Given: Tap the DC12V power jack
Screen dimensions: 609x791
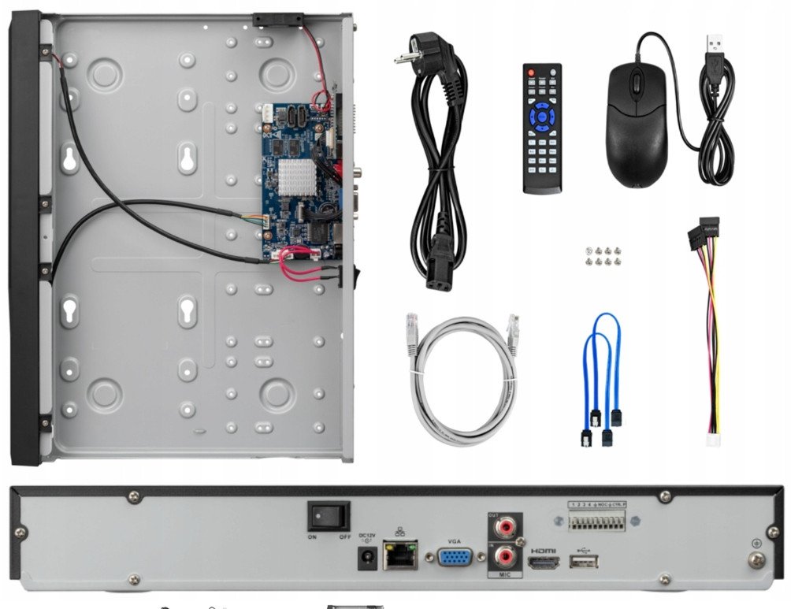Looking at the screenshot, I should coord(366,559).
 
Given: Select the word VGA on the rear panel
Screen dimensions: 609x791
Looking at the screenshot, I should coord(455,541).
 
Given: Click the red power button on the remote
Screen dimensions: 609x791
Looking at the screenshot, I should coord(531,73).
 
